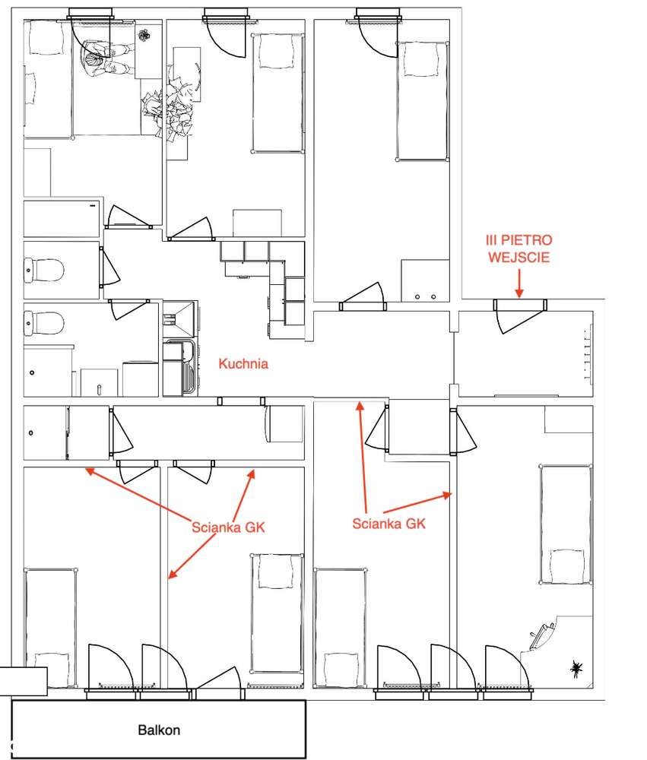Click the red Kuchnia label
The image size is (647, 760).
tap(243, 363)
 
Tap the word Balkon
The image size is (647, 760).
tap(159, 730)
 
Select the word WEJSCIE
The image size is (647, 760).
tap(519, 257)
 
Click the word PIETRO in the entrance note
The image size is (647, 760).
tap(527, 240)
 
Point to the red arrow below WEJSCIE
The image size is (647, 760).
tap(519, 283)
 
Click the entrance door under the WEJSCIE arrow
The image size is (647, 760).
tap(520, 315)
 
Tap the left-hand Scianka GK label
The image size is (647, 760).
tap(228, 527)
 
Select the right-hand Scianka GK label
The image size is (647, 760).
tap(389, 524)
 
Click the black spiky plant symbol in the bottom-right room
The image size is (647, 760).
tap(576, 669)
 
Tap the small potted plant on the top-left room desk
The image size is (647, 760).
tap(144, 36)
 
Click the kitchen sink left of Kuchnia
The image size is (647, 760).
tap(180, 367)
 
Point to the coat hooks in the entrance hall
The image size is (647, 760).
tap(588, 354)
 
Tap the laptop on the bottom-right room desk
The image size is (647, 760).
tap(541, 636)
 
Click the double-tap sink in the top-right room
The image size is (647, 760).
tap(425, 281)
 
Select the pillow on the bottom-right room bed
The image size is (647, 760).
tap(567, 566)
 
